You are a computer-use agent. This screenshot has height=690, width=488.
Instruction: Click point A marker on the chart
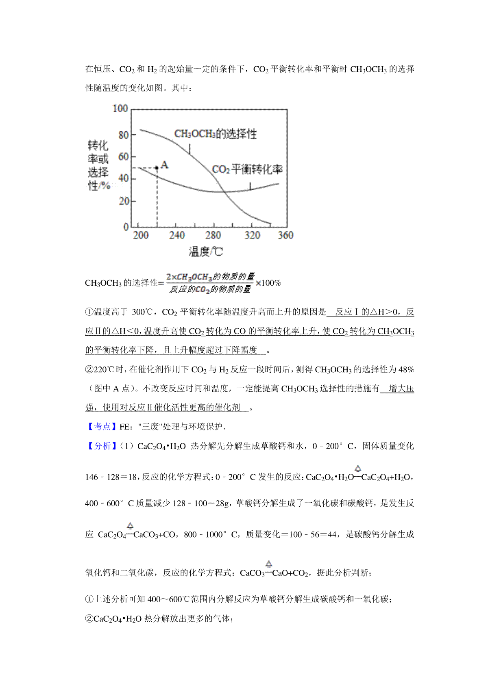[157, 167]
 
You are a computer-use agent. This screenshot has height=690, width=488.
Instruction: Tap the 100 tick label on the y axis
[120, 108]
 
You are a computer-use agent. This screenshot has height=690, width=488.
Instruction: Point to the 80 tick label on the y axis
[123, 135]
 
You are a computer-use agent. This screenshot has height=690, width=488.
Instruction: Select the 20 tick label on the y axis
[123, 201]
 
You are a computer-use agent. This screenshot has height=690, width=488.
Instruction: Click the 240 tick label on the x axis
[176, 235]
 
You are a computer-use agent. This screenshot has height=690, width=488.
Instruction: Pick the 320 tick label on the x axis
[252, 235]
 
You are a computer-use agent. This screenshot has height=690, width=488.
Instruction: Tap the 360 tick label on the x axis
[285, 235]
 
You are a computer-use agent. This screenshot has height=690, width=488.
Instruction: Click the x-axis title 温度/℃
[206, 252]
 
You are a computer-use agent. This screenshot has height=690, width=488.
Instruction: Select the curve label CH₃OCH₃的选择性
[216, 134]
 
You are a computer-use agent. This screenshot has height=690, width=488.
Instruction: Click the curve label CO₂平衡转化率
[247, 169]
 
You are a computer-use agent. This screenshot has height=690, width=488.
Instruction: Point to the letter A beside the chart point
[164, 165]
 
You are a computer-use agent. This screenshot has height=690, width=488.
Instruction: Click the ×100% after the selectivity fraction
[268, 283]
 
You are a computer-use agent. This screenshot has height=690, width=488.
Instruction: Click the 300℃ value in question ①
[142, 312]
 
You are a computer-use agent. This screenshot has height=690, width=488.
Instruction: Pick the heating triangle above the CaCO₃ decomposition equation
[269, 564]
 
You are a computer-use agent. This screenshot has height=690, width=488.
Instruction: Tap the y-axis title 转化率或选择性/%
[98, 165]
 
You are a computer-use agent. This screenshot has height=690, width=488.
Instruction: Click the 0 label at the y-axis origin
[126, 227]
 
